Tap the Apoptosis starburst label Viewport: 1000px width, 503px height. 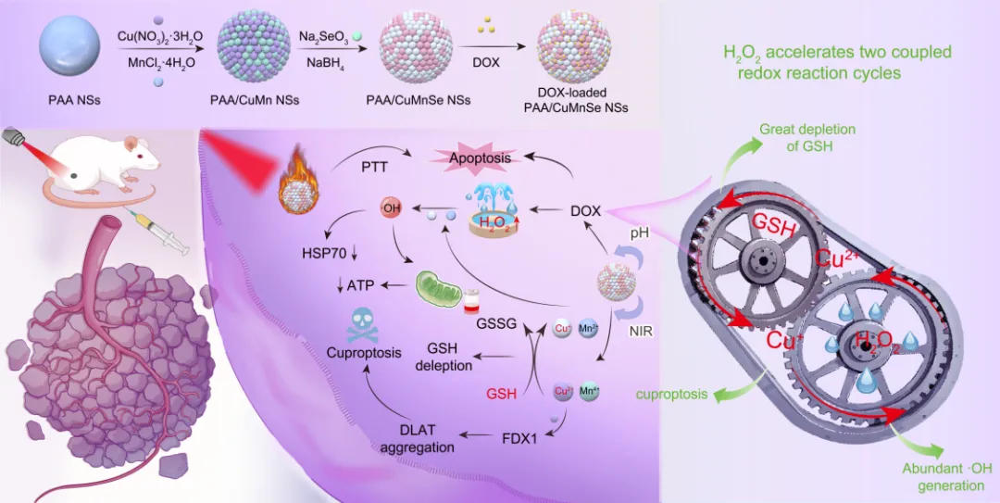click(x=481, y=157)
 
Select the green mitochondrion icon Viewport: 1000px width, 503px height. click(x=436, y=289)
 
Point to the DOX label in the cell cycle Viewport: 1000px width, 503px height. click(x=585, y=212)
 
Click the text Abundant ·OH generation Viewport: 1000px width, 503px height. click(x=943, y=476)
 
